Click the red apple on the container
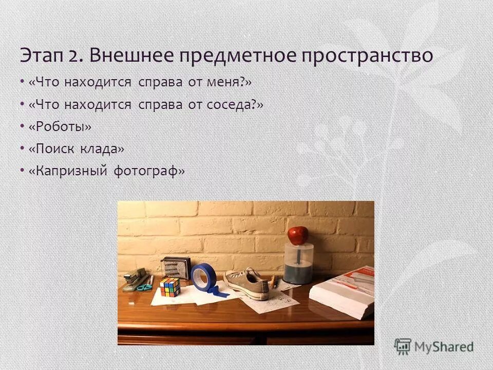point(298,235)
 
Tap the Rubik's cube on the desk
point(170,287)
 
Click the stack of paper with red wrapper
point(343,291)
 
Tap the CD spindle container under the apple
point(298,263)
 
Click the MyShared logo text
point(444,347)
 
